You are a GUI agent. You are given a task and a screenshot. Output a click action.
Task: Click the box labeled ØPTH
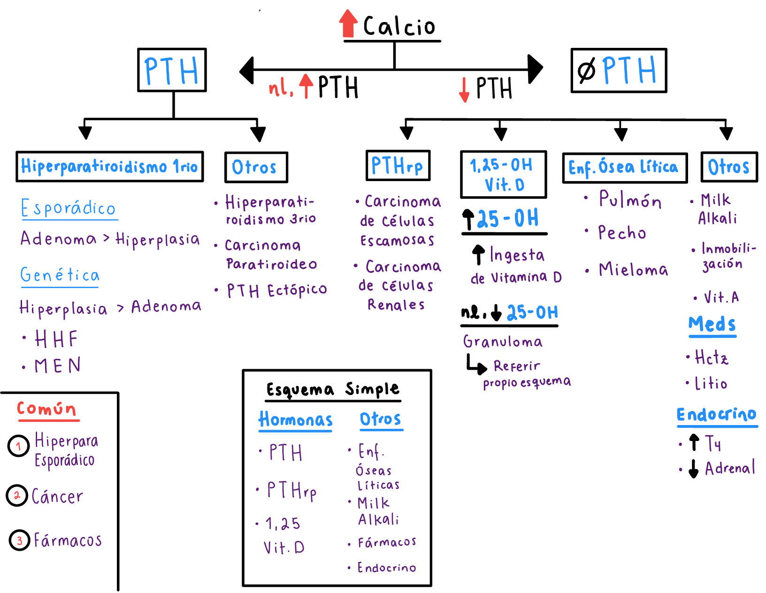tap(619, 70)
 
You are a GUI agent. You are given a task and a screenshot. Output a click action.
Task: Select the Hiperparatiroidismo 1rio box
tap(109, 167)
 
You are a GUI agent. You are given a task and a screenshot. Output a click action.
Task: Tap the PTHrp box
tap(398, 166)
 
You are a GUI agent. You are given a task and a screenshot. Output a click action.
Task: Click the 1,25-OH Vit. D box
tap(503, 175)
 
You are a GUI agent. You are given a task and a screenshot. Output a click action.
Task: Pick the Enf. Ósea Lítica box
tap(624, 167)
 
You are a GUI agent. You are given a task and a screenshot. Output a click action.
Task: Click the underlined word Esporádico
tap(69, 208)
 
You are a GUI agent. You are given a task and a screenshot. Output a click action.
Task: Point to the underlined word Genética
tap(60, 275)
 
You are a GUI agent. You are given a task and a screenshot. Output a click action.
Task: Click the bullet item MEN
tap(57, 366)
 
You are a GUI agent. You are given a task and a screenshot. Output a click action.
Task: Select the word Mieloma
tap(633, 270)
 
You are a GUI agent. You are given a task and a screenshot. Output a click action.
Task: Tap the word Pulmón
tap(630, 200)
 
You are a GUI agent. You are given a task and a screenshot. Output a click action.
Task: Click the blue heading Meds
tap(712, 324)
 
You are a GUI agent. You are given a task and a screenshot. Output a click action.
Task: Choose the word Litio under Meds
tap(711, 384)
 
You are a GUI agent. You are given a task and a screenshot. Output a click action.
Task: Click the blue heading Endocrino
tap(716, 415)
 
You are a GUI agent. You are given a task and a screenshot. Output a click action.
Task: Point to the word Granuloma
tap(503, 342)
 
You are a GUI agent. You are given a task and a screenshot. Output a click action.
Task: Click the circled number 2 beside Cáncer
tap(17, 495)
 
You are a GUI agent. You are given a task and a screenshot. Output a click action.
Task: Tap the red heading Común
tap(46, 409)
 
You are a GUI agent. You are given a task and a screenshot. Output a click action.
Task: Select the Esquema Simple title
tap(333, 389)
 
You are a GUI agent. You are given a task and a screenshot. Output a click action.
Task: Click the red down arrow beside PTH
tap(464, 90)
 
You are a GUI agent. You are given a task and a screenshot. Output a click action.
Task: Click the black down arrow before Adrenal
tap(693, 468)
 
